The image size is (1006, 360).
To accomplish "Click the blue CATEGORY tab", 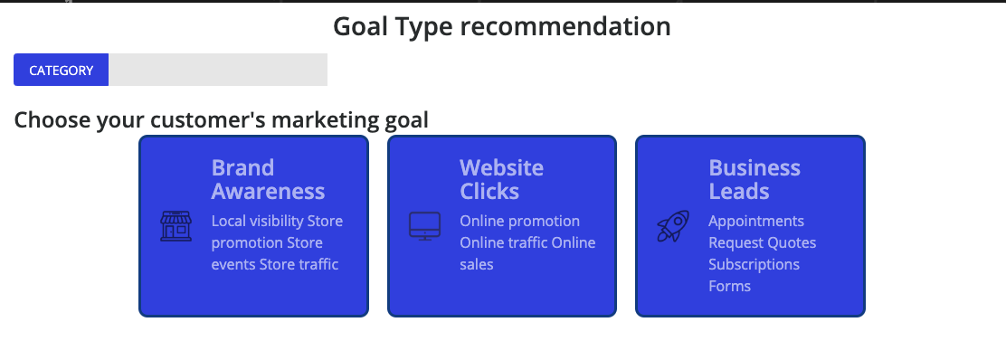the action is pos(61,70).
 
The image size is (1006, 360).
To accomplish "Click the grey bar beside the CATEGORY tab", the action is pos(218,70).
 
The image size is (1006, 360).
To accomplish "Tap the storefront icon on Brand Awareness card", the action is pos(176,226).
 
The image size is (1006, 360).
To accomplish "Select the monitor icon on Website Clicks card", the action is pos(424,226).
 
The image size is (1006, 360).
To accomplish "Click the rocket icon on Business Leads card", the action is pos(673,226).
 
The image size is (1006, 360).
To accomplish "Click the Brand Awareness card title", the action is pos(268,179).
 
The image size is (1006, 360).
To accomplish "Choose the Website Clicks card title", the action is pos(502,179).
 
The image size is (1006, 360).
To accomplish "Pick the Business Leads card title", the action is pos(754,179).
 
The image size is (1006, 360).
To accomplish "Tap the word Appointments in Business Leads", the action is pos(755,222).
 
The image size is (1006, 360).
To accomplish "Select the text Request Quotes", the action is pos(763,243).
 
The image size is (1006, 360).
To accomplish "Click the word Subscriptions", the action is pos(754,265).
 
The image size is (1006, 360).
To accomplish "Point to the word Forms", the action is pos(729,286).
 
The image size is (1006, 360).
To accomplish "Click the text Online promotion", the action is pos(519,222).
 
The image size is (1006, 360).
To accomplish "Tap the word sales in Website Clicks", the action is pos(477,264).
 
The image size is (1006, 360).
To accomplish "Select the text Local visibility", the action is pos(257,222).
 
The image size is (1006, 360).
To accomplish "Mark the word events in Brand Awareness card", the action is pos(233,264).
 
